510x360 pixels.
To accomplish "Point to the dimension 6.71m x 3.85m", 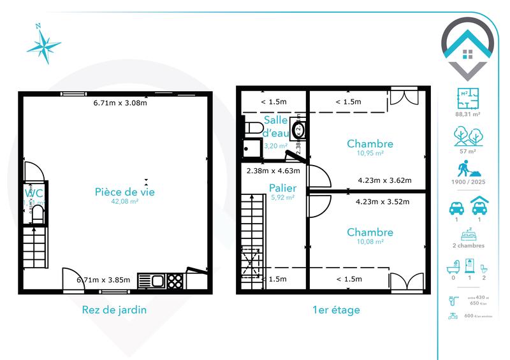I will (103, 279).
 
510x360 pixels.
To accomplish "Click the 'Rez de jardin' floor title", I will (115, 310).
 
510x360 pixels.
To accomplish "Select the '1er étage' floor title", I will (337, 310).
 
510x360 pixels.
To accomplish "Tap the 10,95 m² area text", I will (370, 154).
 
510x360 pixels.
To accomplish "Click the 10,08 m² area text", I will (370, 242).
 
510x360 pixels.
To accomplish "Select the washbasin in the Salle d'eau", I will (298, 131).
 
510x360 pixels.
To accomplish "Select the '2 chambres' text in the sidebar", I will (467, 245).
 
